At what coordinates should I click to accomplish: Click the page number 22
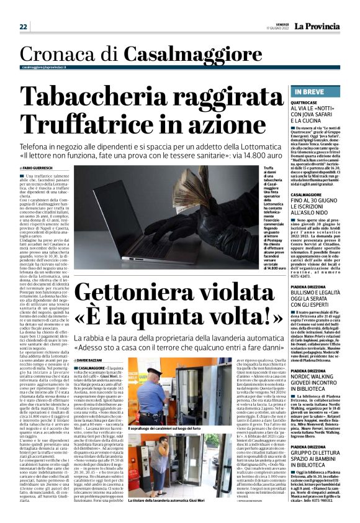click(23, 26)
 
